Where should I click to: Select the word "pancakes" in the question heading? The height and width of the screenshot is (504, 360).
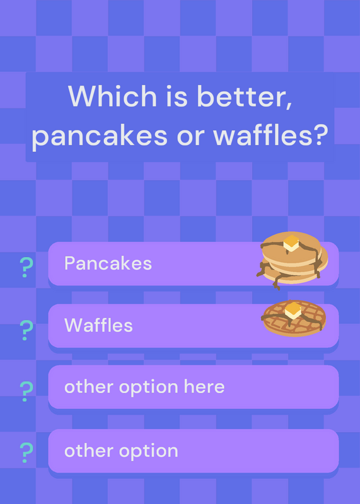[x=100, y=136]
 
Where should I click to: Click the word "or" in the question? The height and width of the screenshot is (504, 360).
[x=190, y=137]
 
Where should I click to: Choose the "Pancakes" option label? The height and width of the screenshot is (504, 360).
[x=108, y=263]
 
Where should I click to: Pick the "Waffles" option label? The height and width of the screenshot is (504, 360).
[x=98, y=325]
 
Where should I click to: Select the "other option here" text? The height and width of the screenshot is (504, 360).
[x=144, y=387]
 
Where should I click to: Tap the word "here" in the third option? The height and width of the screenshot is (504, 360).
[x=204, y=386]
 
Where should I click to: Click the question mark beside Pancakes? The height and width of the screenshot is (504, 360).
[x=26, y=267]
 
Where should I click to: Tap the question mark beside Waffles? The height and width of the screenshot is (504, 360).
[x=26, y=330]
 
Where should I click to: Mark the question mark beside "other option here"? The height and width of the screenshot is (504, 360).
[x=26, y=391]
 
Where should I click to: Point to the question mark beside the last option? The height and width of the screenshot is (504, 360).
[x=26, y=452]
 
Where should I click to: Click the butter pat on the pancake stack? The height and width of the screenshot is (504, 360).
[x=291, y=243]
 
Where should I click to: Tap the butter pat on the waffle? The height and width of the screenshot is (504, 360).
[x=293, y=310]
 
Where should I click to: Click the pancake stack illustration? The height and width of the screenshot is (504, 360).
[x=293, y=260]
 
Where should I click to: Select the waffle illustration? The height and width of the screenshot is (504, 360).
[x=294, y=318]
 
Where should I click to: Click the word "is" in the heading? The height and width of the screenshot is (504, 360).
[x=177, y=96]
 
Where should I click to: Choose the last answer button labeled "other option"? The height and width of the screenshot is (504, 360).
[x=194, y=450]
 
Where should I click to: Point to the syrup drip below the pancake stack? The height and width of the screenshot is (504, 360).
[x=276, y=283]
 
